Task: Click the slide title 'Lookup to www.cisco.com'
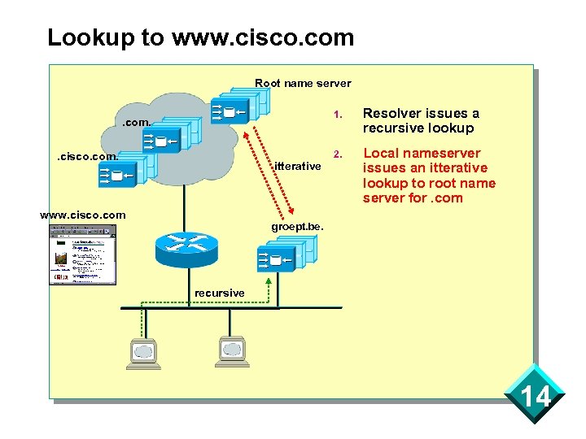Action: [x=200, y=37]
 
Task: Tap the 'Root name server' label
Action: [x=303, y=83]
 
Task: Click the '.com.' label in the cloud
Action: [x=136, y=123]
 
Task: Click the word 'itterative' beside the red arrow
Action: [x=298, y=167]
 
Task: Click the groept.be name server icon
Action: [x=284, y=257]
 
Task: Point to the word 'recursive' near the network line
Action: [x=219, y=293]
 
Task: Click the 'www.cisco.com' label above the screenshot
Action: [x=83, y=215]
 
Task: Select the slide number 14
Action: [x=536, y=397]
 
